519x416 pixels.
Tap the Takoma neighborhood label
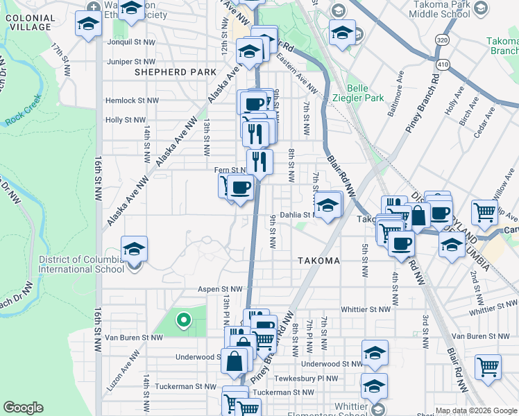(318, 261)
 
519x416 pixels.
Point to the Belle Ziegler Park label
(366, 93)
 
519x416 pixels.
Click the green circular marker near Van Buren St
(184, 320)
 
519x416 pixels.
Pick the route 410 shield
(442, 64)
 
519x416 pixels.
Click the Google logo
(24, 407)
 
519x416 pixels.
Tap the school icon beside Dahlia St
(328, 205)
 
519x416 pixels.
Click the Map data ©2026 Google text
(476, 410)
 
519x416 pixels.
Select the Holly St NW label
(125, 120)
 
